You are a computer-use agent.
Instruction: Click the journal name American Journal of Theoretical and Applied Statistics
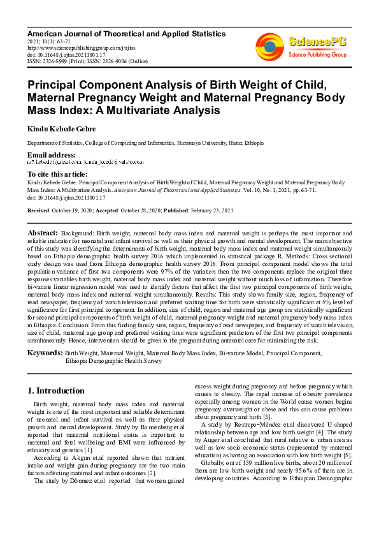[126, 33]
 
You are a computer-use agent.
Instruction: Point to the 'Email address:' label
[51, 156]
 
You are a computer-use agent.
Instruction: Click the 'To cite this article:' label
[58, 174]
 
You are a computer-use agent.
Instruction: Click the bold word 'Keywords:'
[45, 353]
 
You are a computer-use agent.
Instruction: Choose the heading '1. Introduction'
[56, 390]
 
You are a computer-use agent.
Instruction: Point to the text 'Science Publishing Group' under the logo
[317, 55]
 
